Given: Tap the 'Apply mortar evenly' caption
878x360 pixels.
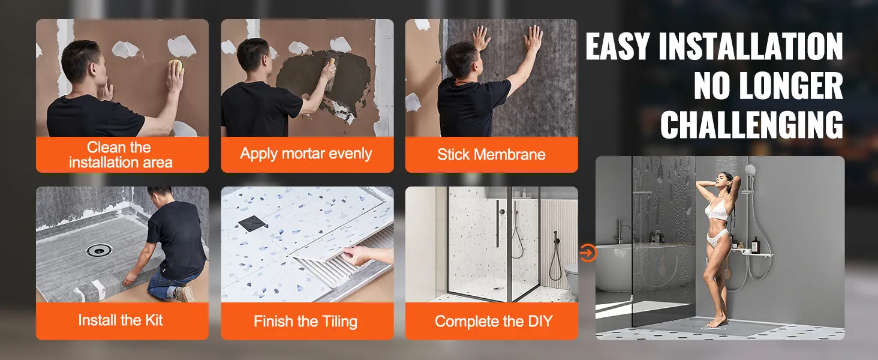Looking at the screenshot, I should [306, 154].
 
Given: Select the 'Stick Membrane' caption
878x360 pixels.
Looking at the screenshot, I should [491, 154].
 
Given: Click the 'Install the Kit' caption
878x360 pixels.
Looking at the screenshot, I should [121, 320].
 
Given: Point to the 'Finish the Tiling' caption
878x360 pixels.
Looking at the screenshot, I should [305, 321].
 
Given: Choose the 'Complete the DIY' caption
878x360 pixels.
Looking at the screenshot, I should [493, 321].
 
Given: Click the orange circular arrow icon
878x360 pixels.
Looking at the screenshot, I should [588, 253].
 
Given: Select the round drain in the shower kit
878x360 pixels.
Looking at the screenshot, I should [97, 250].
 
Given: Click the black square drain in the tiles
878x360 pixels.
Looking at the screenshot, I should [249, 223].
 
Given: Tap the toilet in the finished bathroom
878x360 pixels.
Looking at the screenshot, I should [570, 279].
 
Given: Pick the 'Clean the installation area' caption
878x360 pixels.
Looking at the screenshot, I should [121, 154].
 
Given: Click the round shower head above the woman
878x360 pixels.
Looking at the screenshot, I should [750, 170].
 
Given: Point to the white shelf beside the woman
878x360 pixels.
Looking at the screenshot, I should [753, 254].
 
